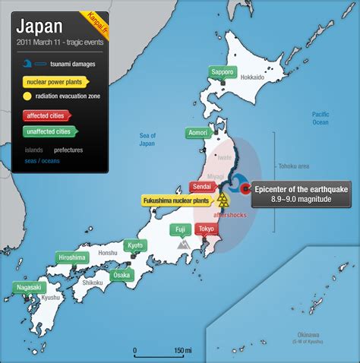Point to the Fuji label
pyautogui.click(x=180, y=229)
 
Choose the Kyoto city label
pyautogui.click(x=135, y=245)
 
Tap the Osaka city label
pyautogui.click(x=121, y=276)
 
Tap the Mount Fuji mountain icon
pyautogui.click(x=183, y=245)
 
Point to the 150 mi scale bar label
pyautogui.click(x=182, y=350)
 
